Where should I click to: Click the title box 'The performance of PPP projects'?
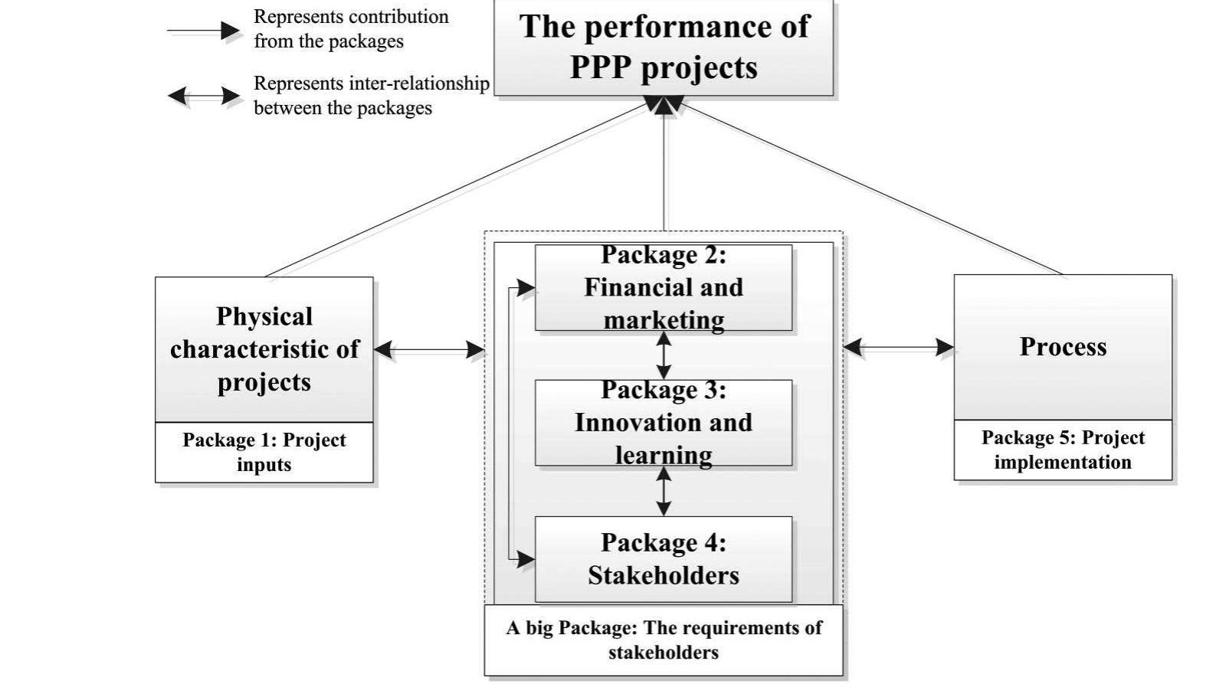[x=664, y=47]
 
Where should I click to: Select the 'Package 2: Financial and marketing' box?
[x=664, y=287]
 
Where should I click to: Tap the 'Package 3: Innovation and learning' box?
[x=664, y=423]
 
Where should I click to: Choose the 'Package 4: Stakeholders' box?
[x=664, y=559]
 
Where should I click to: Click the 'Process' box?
[x=1063, y=347]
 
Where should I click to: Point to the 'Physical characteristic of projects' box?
[x=264, y=349]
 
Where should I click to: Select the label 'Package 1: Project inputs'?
[x=264, y=453]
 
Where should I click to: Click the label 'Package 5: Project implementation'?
[x=1063, y=450]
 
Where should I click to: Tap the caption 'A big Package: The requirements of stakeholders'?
[x=664, y=640]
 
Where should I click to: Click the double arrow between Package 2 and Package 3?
[x=664, y=355]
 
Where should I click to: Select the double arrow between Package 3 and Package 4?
[x=664, y=491]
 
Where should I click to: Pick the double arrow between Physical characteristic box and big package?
[x=429, y=350]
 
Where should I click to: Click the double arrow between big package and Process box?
[x=898, y=347]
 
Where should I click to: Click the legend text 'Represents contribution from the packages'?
[x=351, y=29]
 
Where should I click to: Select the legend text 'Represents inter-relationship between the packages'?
[x=371, y=96]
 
